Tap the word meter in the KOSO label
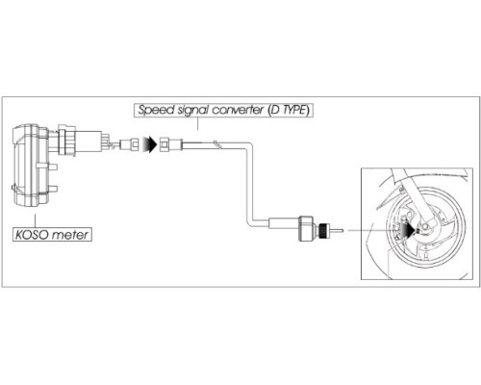coord(69,235)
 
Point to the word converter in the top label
coord(238,110)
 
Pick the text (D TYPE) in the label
coord(289,110)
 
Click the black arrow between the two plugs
coord(150,144)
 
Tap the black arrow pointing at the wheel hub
coord(408,230)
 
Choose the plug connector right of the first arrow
coord(170,143)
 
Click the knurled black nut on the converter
coord(324,230)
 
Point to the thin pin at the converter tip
coord(338,230)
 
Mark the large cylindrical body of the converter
coord(306,229)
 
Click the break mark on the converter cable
coord(217,144)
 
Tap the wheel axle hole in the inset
coord(425,227)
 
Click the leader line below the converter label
coord(198,123)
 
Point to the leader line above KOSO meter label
coord(35,220)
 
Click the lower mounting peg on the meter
coord(52,189)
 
